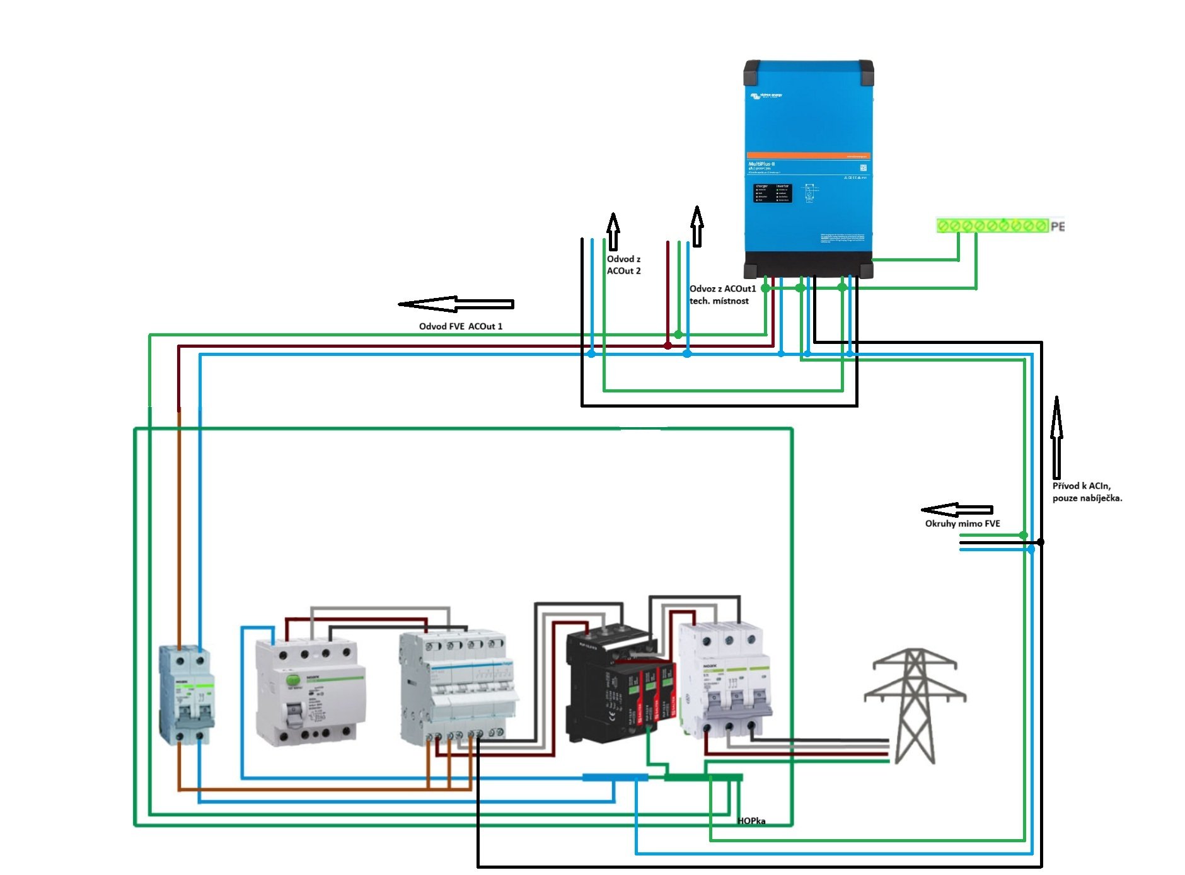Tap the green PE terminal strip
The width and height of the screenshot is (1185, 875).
tap(991, 226)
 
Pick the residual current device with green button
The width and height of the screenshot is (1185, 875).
tap(309, 693)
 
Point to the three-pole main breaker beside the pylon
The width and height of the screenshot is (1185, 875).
tap(728, 680)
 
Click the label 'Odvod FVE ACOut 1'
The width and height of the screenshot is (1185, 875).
tap(460, 326)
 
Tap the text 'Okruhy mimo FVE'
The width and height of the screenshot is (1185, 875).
tap(962, 523)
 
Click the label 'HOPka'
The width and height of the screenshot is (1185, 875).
tap(751, 821)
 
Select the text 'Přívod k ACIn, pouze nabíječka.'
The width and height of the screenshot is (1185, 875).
tap(1087, 492)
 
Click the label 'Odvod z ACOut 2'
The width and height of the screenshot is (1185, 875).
tap(623, 265)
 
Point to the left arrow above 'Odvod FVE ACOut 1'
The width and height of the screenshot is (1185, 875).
tap(456, 304)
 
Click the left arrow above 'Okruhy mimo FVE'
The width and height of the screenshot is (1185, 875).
tap(956, 510)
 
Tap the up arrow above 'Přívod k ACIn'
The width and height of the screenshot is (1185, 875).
tap(1056, 437)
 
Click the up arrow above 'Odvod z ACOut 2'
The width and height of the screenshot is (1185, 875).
tap(613, 231)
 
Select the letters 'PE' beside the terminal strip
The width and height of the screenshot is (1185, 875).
tap(1057, 226)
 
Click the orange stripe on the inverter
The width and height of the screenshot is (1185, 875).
tap(808, 155)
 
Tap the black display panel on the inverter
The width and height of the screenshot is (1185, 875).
tap(772, 193)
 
